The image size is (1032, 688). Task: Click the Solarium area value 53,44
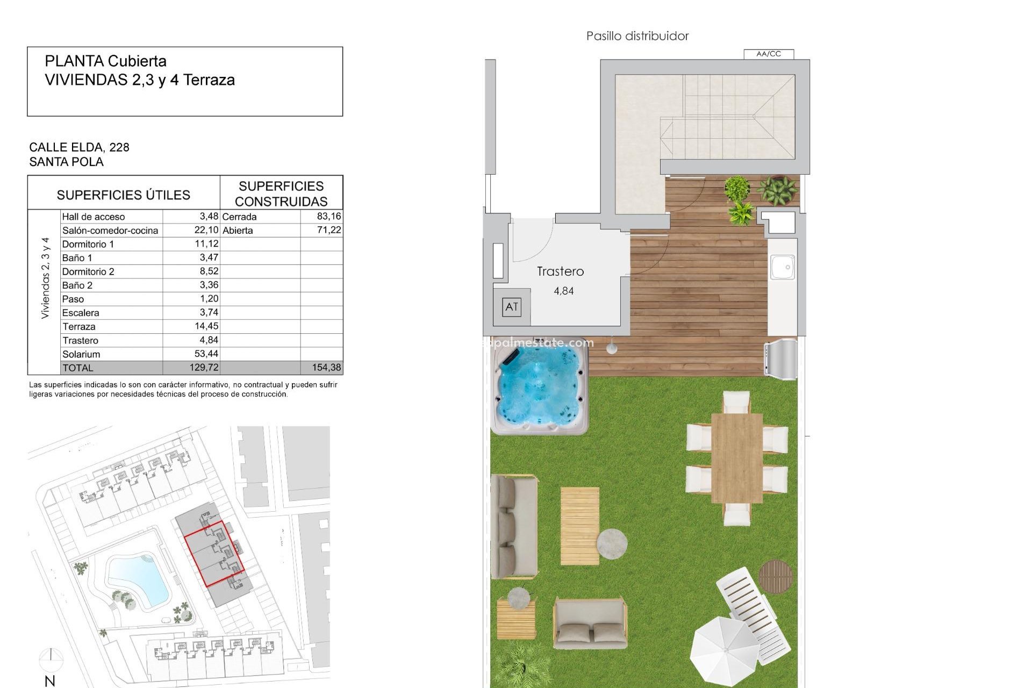tap(206, 354)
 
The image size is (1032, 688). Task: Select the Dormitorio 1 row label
tap(88, 244)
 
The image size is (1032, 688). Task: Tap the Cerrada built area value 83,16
tap(329, 216)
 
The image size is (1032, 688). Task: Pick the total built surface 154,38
tap(326, 368)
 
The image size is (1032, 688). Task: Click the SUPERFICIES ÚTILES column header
tap(123, 195)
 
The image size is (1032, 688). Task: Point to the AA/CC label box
tap(768, 54)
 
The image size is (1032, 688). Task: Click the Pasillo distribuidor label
tap(637, 36)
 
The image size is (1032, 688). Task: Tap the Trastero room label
tap(560, 271)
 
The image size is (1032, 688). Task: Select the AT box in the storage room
tap(511, 307)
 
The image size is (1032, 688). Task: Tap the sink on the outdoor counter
tap(782, 267)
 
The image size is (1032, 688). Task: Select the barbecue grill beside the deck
tap(781, 356)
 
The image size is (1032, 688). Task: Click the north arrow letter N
tap(50, 681)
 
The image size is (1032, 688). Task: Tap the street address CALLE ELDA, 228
tap(79, 147)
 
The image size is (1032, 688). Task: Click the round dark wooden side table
tap(776, 576)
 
